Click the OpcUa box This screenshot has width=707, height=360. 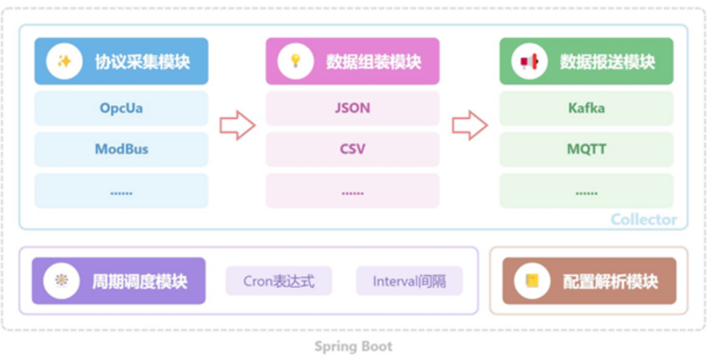click(x=121, y=109)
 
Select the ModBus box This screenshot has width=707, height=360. click(x=121, y=150)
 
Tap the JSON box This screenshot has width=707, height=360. click(x=352, y=109)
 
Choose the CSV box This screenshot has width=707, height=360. click(x=352, y=150)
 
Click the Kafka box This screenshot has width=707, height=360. click(x=586, y=109)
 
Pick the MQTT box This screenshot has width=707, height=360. click(x=586, y=150)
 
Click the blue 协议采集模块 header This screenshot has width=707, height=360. click(x=121, y=62)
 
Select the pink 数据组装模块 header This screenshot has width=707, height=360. click(x=352, y=62)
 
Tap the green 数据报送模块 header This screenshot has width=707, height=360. click(x=586, y=62)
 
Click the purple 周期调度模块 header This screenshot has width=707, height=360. click(x=118, y=281)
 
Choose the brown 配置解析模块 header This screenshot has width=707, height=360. click(x=590, y=281)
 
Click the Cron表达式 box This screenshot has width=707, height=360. click(x=279, y=281)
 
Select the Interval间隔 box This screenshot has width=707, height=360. click(x=409, y=281)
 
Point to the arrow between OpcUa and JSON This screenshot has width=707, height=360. click(x=237, y=125)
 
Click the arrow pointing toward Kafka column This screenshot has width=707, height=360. click(x=470, y=125)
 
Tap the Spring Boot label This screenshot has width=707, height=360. click(x=353, y=347)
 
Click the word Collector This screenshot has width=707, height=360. click(x=644, y=219)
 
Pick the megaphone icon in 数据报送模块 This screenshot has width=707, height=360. click(x=529, y=62)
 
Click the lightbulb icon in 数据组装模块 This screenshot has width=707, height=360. click(x=295, y=62)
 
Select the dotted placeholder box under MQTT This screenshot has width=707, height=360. click(x=586, y=191)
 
